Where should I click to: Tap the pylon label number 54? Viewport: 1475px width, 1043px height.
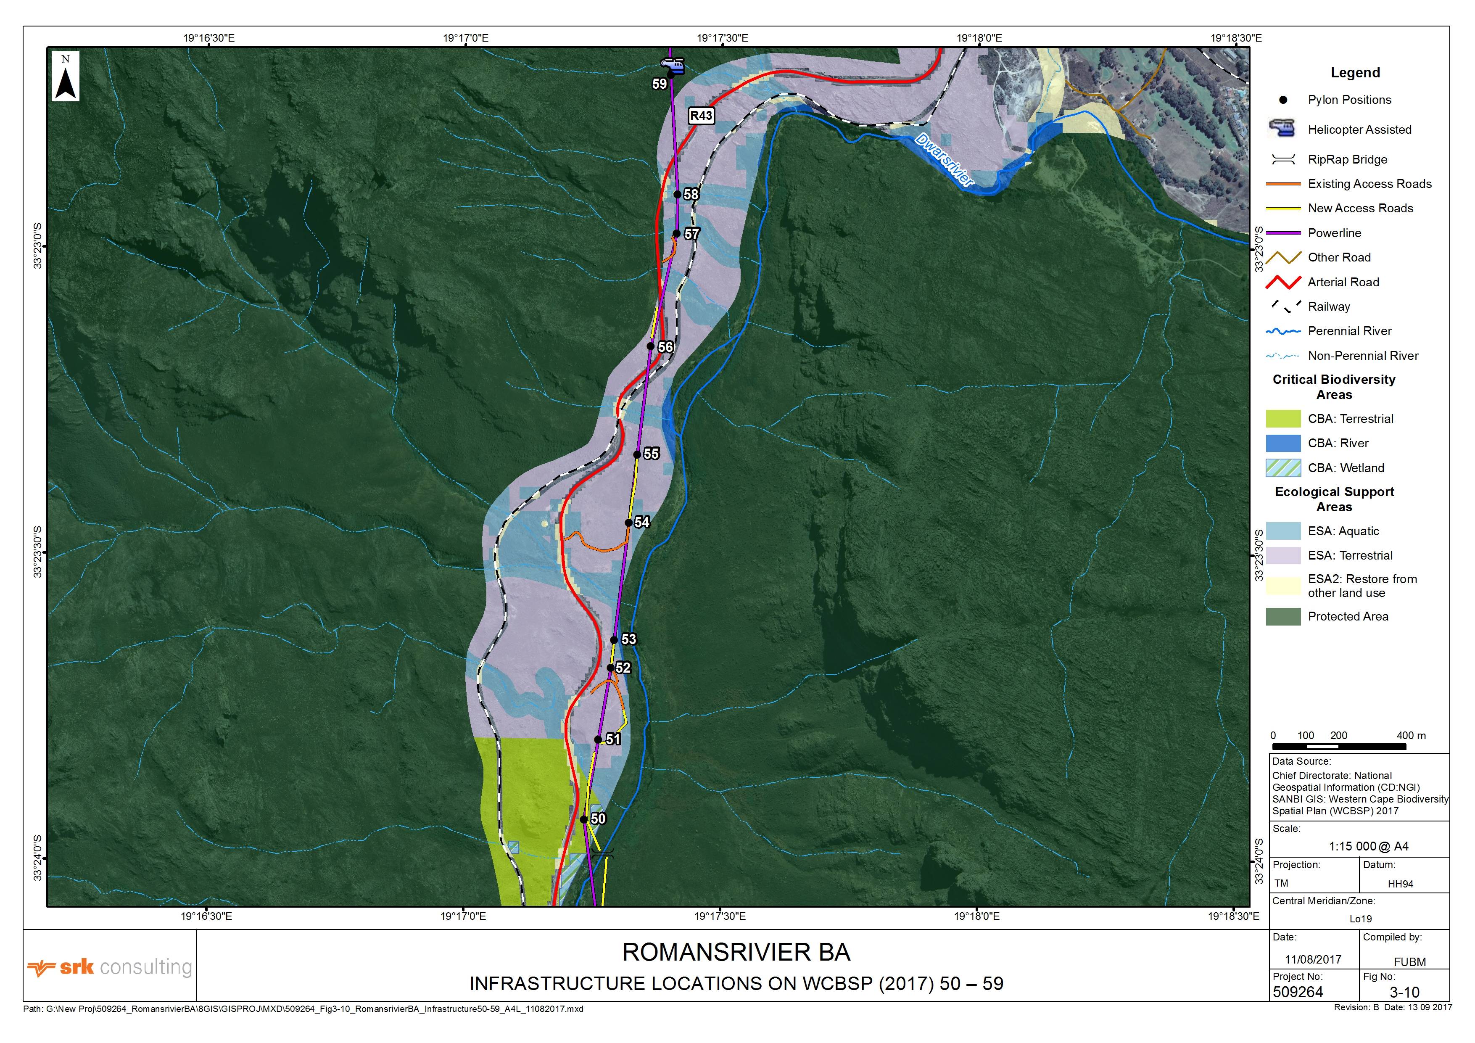pyautogui.click(x=642, y=523)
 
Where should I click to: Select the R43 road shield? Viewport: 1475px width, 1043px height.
pyautogui.click(x=701, y=116)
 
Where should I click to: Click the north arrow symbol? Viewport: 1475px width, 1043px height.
pyautogui.click(x=66, y=77)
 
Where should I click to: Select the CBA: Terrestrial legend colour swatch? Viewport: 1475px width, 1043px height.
pyautogui.click(x=1282, y=419)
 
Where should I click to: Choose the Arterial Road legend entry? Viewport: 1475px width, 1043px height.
pyautogui.click(x=1343, y=282)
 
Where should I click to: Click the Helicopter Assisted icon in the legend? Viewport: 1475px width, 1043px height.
pyautogui.click(x=1282, y=129)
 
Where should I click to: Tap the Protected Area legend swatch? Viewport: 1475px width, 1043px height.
pyautogui.click(x=1282, y=617)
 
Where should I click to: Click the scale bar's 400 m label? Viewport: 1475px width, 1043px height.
pyautogui.click(x=1411, y=736)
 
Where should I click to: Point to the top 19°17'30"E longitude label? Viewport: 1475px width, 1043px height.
pyautogui.click(x=722, y=38)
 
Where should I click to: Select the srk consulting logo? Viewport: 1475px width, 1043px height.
pyautogui.click(x=110, y=967)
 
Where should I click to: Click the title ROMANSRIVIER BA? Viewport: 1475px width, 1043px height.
pyautogui.click(x=736, y=952)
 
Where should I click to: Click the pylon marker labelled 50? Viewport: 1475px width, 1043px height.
pyautogui.click(x=583, y=819)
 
